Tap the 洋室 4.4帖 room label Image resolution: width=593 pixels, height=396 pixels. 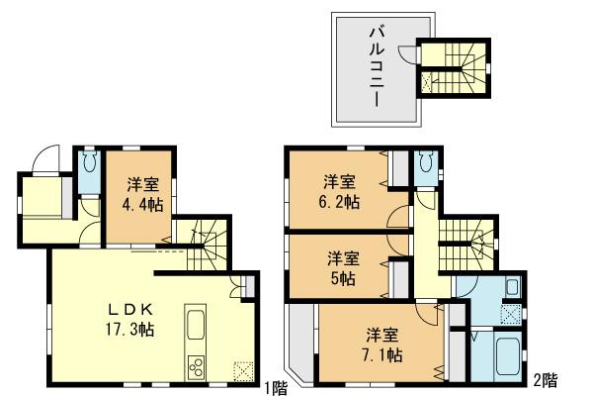143,194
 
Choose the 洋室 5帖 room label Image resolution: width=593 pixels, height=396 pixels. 343,266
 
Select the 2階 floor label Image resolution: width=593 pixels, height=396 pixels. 544,379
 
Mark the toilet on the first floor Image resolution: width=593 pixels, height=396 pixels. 86,164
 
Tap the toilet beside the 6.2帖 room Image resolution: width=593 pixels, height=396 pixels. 426,164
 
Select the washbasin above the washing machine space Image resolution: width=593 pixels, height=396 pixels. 512,288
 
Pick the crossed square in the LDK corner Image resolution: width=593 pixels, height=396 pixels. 242,370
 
